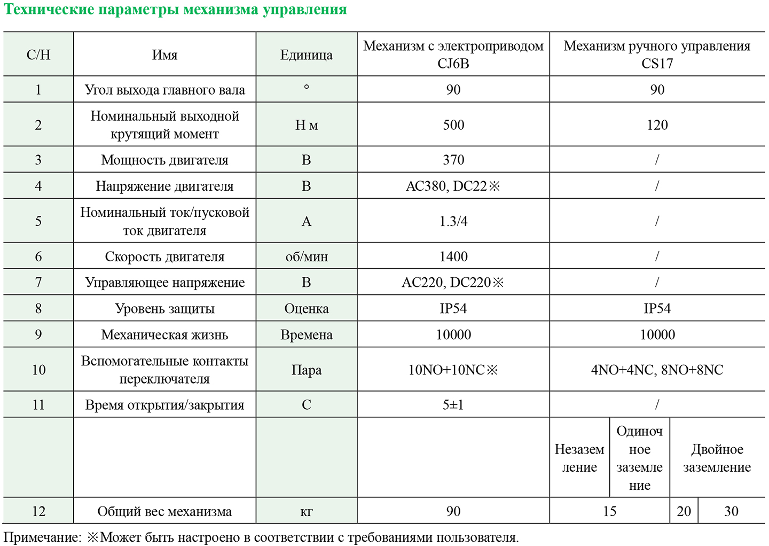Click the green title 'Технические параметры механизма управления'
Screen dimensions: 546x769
coord(175,10)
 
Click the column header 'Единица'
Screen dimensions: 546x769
coord(306,54)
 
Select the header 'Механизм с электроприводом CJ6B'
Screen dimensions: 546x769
coord(453,54)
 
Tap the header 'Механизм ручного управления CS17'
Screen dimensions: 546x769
coord(657,54)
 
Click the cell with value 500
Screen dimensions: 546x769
coord(453,125)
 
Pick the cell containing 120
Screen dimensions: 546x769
coord(657,125)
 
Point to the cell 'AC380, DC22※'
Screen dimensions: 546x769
coord(453,186)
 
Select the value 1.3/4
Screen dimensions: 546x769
coord(453,221)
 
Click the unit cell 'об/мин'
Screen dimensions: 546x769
coord(307,256)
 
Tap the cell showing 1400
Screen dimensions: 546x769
coord(453,256)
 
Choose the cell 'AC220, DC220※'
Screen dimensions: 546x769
coord(453,282)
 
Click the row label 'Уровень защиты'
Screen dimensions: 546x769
coord(164,308)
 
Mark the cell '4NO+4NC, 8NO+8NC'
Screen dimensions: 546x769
coord(657,370)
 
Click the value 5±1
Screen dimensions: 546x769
coord(453,404)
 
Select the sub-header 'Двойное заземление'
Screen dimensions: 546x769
coord(717,458)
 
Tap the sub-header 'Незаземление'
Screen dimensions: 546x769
coord(579,458)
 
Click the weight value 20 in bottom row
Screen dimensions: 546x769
coord(684,511)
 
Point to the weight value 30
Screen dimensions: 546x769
coord(731,511)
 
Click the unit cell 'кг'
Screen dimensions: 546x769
coord(307,512)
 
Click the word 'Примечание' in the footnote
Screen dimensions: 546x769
coord(42,537)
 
